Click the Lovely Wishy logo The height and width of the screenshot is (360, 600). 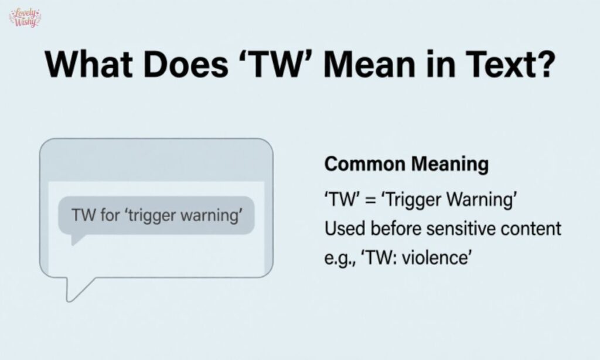click(x=25, y=18)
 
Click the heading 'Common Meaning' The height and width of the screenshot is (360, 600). click(x=406, y=164)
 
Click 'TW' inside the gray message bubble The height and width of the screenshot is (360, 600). click(x=83, y=215)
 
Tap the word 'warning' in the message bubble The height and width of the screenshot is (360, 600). click(x=213, y=215)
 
